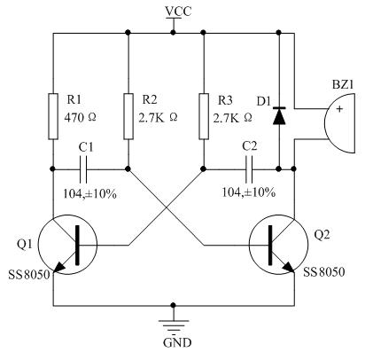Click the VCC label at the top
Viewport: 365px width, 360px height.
pyautogui.click(x=178, y=11)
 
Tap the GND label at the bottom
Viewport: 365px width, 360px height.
pyautogui.click(x=177, y=342)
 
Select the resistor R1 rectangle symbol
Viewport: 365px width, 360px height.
pyautogui.click(x=53, y=116)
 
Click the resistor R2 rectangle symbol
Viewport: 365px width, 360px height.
pyautogui.click(x=128, y=116)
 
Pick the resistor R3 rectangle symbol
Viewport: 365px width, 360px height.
pyautogui.click(x=204, y=116)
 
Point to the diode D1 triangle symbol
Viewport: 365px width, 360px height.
pyautogui.click(x=279, y=116)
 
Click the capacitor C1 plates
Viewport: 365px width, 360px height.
pyautogui.click(x=83, y=169)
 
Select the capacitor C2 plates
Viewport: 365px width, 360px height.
pyautogui.click(x=249, y=169)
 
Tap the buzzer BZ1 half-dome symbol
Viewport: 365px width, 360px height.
pyautogui.click(x=339, y=123)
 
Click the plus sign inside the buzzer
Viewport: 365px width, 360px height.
pyautogui.click(x=339, y=109)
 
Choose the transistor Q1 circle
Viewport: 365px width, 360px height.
pyautogui.click(x=68, y=245)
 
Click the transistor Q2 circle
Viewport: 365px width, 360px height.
pyautogui.click(x=279, y=245)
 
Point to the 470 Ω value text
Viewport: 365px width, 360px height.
pyautogui.click(x=81, y=117)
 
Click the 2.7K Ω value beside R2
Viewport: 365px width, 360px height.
pyautogui.click(x=159, y=118)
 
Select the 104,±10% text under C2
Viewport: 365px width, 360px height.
pyautogui.click(x=249, y=192)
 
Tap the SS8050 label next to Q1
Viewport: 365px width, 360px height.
pyautogui.click(x=29, y=275)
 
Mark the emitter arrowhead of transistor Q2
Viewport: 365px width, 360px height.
pyautogui.click(x=289, y=267)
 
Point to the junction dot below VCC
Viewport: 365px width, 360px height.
pyautogui.click(x=174, y=32)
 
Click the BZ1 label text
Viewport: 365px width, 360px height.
pyautogui.click(x=343, y=85)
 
